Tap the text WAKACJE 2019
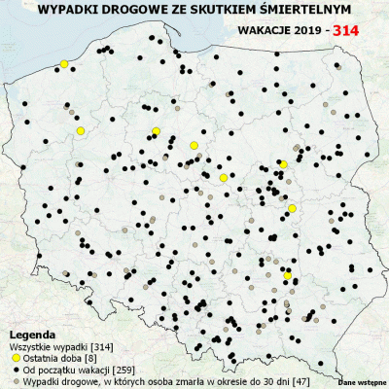point(282,30)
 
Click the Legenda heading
point(33,334)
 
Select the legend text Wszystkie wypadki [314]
point(57,346)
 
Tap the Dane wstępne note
point(362,383)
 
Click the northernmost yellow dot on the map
point(64,64)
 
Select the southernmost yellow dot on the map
point(287,276)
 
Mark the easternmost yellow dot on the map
point(292,208)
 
